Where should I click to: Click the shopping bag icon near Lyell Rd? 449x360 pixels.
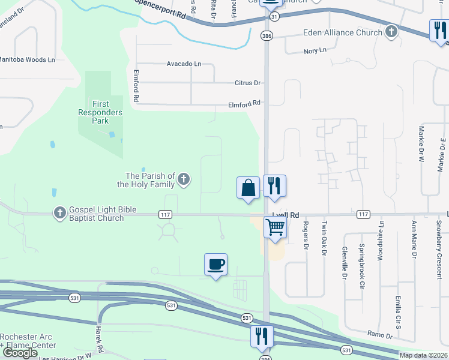(x=248, y=188)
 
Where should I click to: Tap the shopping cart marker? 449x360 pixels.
(x=275, y=227)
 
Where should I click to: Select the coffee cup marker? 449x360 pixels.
(x=215, y=264)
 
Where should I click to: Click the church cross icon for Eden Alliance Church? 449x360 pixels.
(x=391, y=32)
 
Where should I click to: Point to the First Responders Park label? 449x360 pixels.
(x=100, y=112)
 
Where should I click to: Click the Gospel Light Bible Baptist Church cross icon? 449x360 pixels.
(x=59, y=213)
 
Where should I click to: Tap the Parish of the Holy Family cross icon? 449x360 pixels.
(x=184, y=179)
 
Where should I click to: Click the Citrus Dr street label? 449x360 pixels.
(x=248, y=83)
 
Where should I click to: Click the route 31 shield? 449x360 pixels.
(x=274, y=17)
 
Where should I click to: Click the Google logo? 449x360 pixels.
(x=20, y=352)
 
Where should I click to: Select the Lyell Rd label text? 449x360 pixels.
(x=286, y=214)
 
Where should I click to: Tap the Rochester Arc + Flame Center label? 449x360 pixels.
(x=28, y=340)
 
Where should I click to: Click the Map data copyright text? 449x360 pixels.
(x=424, y=355)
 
